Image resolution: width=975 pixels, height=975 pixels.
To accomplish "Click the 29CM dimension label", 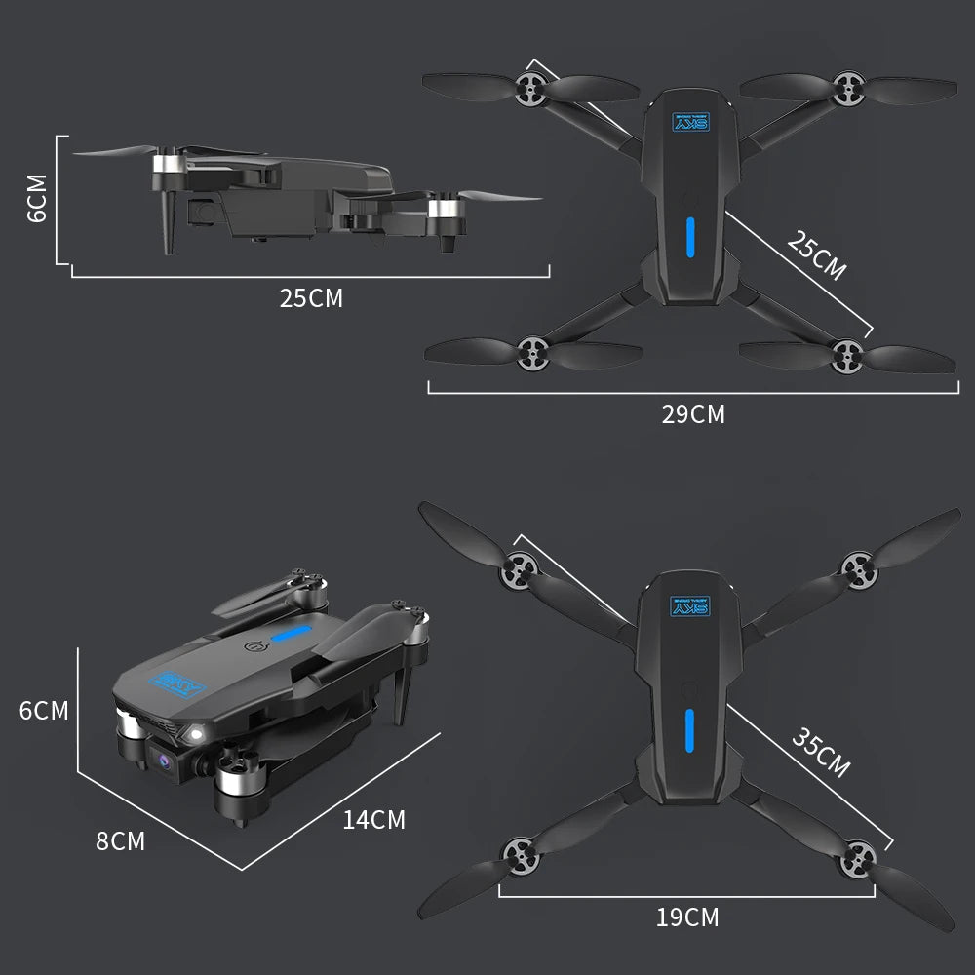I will click(x=693, y=414).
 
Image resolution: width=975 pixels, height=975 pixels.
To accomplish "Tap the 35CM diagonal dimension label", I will click(x=820, y=753).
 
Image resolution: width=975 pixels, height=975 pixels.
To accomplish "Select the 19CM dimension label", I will click(x=687, y=917).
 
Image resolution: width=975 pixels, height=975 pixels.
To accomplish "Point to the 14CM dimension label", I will click(x=373, y=820).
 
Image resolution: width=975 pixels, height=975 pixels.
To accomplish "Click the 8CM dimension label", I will click(x=120, y=840).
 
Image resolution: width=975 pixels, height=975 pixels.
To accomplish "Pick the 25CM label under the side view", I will click(x=311, y=298).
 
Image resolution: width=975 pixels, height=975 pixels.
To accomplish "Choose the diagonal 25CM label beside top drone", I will click(x=816, y=256).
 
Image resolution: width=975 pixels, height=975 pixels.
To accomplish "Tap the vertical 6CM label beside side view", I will click(x=37, y=198).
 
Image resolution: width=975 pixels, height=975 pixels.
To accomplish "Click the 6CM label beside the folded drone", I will click(x=44, y=711).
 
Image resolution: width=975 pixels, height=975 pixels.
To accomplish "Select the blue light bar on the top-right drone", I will click(x=689, y=237).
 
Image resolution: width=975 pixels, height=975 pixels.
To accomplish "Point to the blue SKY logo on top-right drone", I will click(x=689, y=121).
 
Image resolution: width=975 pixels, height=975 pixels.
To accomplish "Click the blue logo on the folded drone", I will click(x=181, y=685).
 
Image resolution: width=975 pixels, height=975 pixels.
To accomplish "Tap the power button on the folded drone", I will click(x=258, y=646).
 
